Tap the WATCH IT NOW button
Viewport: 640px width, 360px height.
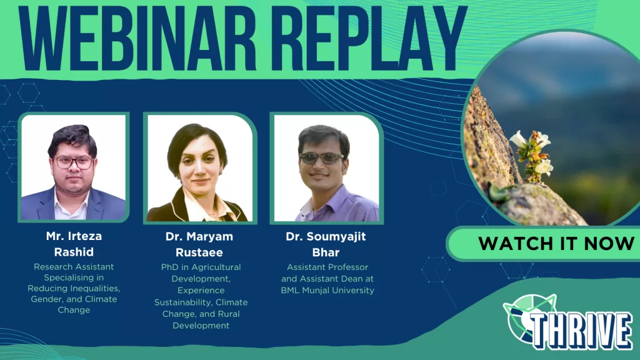(556, 244)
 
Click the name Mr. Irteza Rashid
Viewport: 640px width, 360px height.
(74, 244)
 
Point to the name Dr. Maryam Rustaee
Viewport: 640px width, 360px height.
(199, 244)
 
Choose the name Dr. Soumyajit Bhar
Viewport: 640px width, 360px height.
(326, 244)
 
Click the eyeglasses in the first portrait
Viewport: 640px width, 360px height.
(74, 163)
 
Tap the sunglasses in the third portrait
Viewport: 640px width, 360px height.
(322, 158)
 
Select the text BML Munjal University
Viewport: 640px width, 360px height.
(327, 290)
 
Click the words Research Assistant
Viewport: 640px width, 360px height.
(74, 266)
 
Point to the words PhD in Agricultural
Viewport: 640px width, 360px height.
(201, 267)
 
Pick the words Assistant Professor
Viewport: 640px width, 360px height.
(327, 267)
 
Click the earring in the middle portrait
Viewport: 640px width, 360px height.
(221, 172)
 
